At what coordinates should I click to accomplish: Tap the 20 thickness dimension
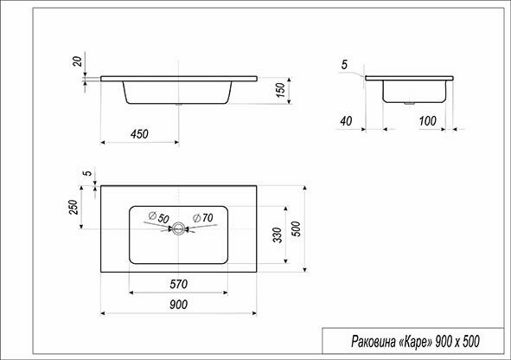(x=79, y=62)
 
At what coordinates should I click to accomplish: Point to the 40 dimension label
(x=347, y=121)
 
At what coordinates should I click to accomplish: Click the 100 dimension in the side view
(x=426, y=121)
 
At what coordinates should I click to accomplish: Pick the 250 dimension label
(x=74, y=208)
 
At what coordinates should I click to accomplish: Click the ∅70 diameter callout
(x=201, y=216)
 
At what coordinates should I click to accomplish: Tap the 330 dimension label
(x=277, y=235)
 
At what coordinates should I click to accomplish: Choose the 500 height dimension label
(x=296, y=229)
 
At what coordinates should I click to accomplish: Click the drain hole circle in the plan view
(x=179, y=229)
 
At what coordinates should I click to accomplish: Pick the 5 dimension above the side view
(x=344, y=65)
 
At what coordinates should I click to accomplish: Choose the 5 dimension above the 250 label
(x=87, y=173)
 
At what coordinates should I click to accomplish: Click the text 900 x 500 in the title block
(x=457, y=342)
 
